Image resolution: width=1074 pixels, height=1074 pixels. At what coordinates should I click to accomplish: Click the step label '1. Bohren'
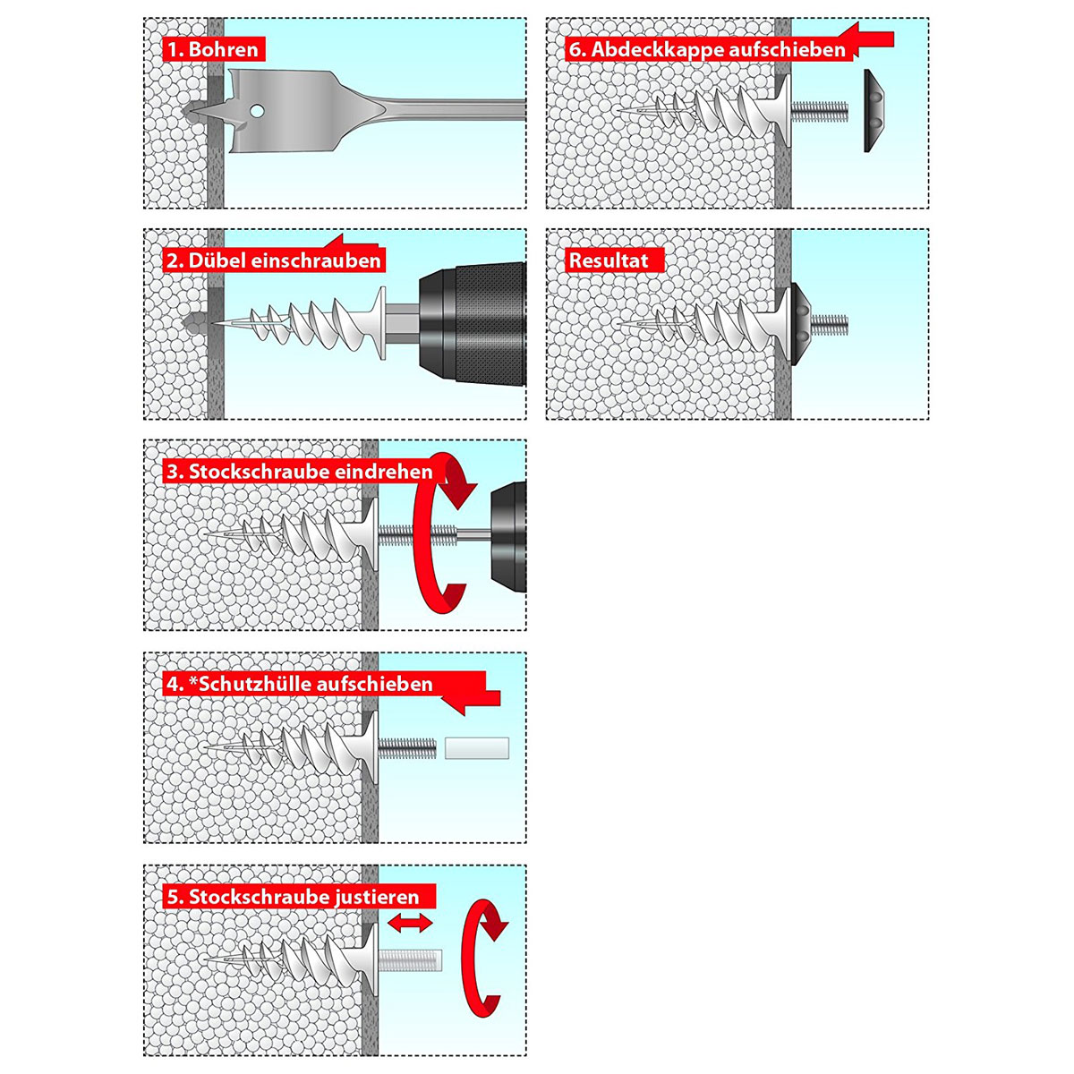coord(214,49)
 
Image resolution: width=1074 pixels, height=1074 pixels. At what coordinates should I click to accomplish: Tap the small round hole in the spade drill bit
coord(258,112)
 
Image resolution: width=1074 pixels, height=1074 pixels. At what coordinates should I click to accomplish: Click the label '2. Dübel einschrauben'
coord(274,260)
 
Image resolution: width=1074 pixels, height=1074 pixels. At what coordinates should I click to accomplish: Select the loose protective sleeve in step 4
coord(477,748)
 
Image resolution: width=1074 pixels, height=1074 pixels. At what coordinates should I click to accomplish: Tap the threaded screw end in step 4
coord(408,748)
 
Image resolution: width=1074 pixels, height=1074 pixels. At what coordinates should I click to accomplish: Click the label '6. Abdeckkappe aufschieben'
coord(707,49)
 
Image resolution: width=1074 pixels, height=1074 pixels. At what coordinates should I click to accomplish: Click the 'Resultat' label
coord(609,260)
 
